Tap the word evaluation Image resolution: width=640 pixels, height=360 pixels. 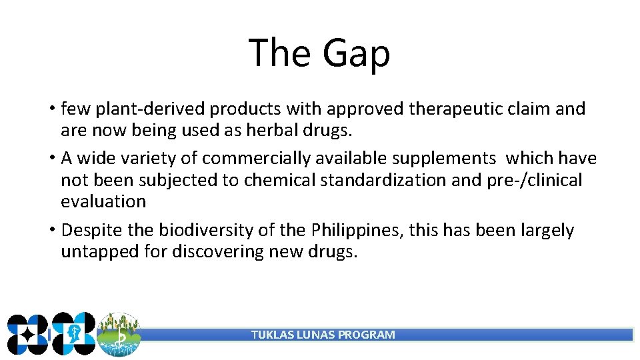[103, 201]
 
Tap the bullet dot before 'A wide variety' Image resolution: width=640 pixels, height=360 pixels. [51, 159]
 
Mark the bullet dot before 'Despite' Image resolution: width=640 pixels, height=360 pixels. [51, 231]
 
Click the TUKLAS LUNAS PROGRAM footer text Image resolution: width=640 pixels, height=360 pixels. [323, 335]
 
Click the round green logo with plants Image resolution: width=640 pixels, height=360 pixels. [119, 334]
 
